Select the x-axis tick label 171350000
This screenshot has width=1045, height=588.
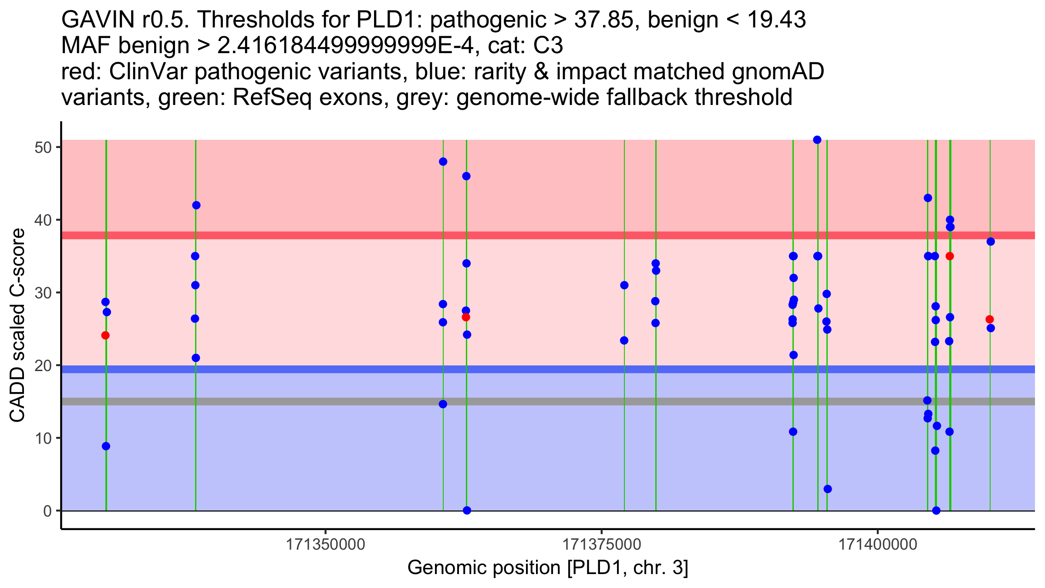click(325, 544)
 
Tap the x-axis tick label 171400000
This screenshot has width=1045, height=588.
click(877, 544)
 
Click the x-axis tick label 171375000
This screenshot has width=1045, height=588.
click(601, 544)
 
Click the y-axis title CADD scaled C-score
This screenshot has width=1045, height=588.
click(17, 325)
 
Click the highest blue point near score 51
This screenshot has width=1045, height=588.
click(817, 140)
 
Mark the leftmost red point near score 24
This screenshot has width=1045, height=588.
click(105, 335)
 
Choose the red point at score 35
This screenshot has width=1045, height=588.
click(950, 256)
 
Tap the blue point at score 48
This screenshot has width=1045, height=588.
click(443, 162)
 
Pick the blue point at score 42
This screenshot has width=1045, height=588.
click(196, 205)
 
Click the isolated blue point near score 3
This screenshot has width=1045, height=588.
click(828, 489)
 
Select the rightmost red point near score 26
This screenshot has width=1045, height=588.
click(989, 319)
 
